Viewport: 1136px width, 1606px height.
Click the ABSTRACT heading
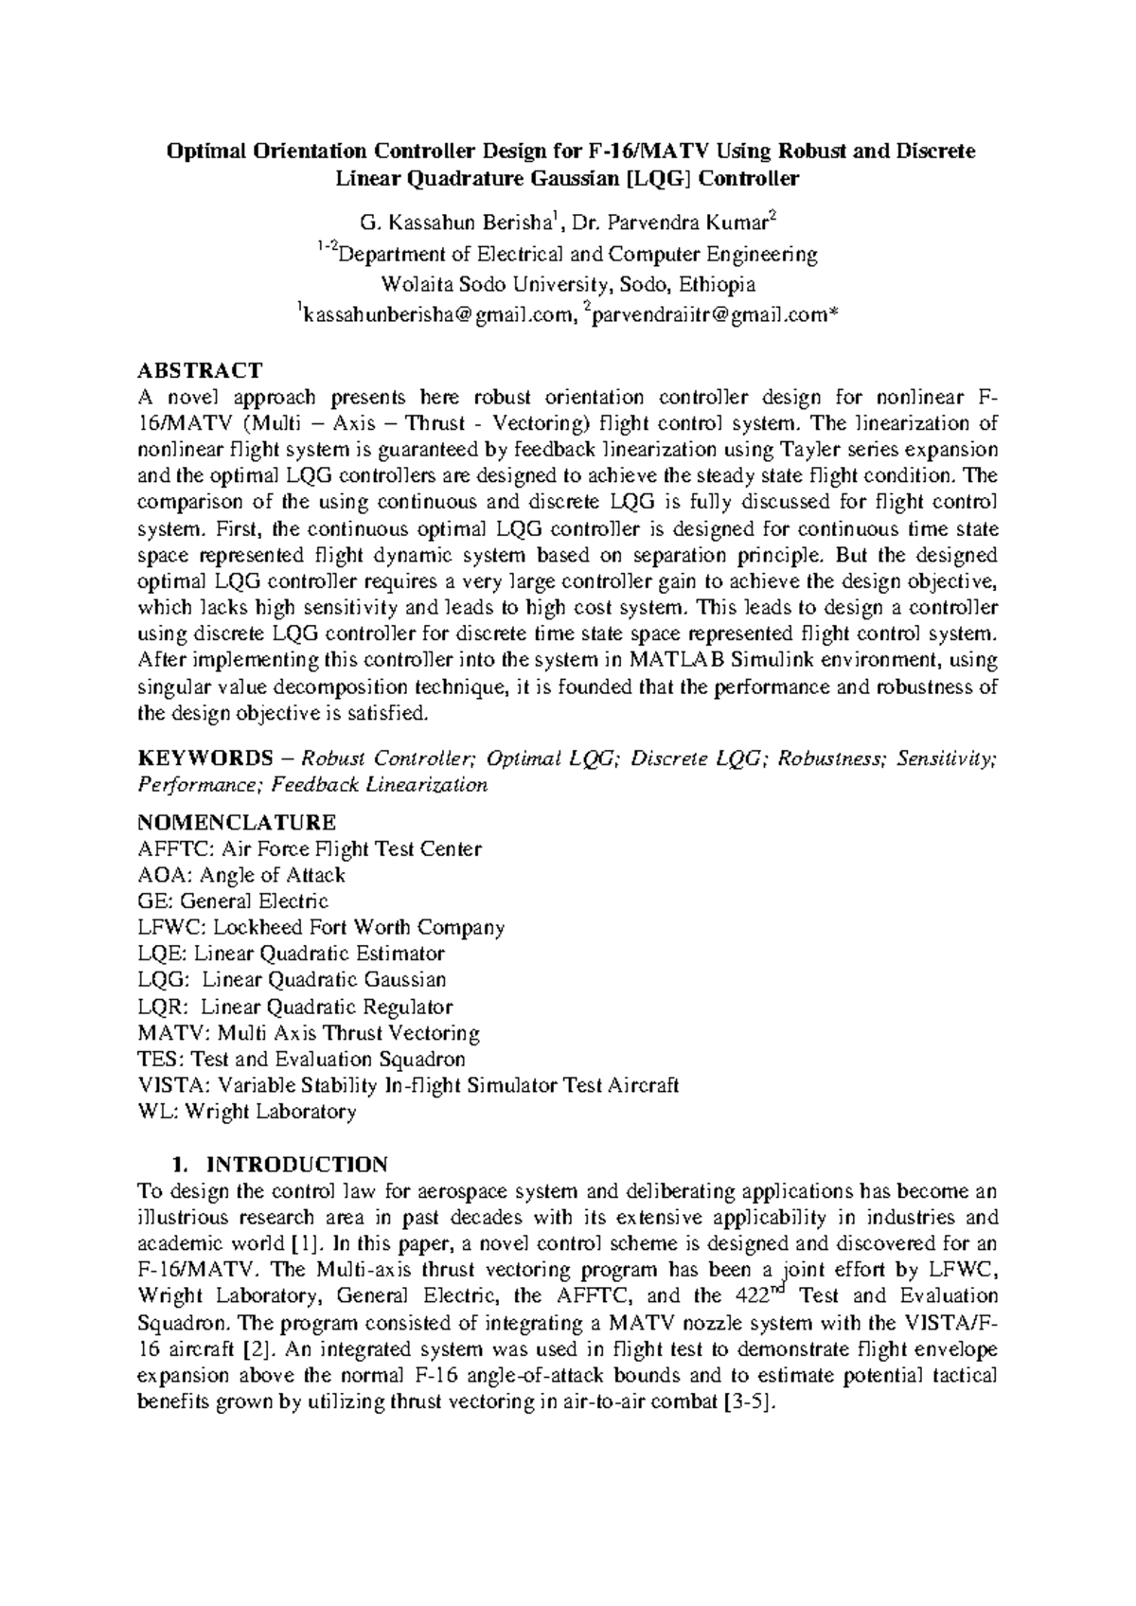tap(199, 369)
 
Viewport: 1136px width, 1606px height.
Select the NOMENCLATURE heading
tap(237, 821)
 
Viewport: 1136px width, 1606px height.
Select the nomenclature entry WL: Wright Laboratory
tap(247, 1112)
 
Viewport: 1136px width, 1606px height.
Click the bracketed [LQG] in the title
tap(648, 178)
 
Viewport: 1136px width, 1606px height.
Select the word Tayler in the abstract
tap(810, 449)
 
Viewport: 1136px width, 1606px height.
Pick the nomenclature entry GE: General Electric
tap(233, 901)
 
